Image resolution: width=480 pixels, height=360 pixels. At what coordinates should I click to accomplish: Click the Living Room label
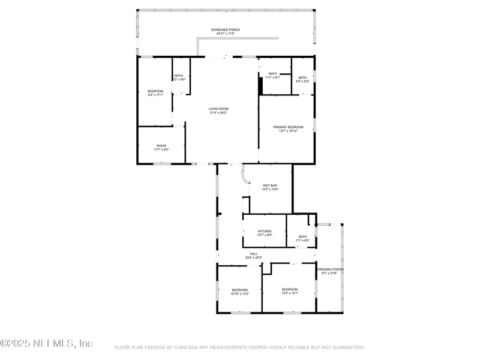click(218, 109)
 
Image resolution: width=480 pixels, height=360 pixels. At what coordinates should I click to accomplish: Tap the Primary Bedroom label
click(288, 127)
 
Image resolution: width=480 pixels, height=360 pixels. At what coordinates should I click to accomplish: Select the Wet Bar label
click(269, 185)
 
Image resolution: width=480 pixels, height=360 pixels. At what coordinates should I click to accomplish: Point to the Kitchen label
click(265, 231)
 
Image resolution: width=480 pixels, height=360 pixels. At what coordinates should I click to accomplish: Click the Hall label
click(254, 254)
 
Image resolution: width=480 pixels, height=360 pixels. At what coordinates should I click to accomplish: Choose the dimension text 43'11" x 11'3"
click(226, 34)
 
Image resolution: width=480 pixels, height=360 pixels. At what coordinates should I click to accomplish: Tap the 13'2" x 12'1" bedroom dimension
click(290, 293)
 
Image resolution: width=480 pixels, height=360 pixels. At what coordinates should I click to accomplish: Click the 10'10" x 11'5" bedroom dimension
click(239, 294)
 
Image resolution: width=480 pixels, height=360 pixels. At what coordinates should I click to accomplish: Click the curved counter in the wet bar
click(245, 175)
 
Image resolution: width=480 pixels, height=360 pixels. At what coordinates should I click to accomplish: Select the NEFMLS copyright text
click(46, 343)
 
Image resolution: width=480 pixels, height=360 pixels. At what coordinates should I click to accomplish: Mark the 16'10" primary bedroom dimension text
click(288, 131)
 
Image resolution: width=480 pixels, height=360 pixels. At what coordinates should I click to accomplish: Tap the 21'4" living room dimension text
click(218, 112)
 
